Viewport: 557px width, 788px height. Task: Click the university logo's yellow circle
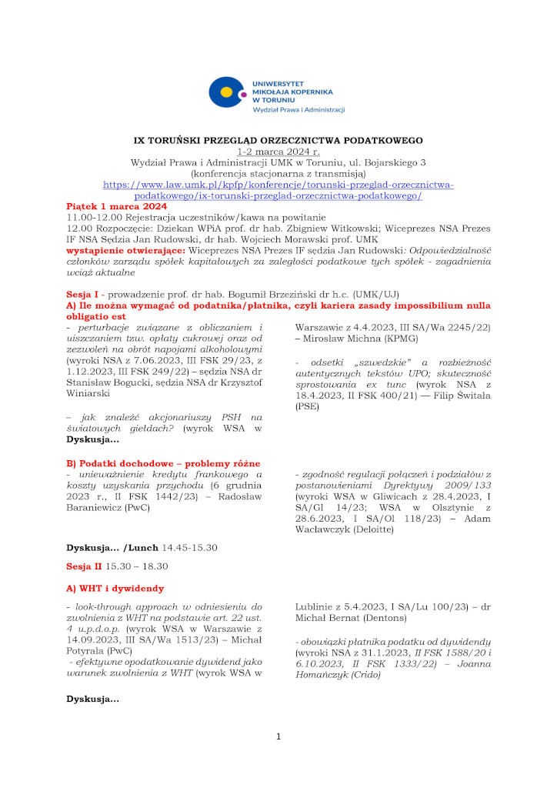[x=226, y=95]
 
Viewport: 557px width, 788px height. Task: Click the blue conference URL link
[x=278, y=190]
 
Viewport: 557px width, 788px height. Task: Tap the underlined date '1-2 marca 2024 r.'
[x=278, y=152]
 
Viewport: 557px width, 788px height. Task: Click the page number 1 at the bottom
[x=278, y=736]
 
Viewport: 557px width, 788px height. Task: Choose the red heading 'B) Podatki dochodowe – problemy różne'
[x=164, y=463]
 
